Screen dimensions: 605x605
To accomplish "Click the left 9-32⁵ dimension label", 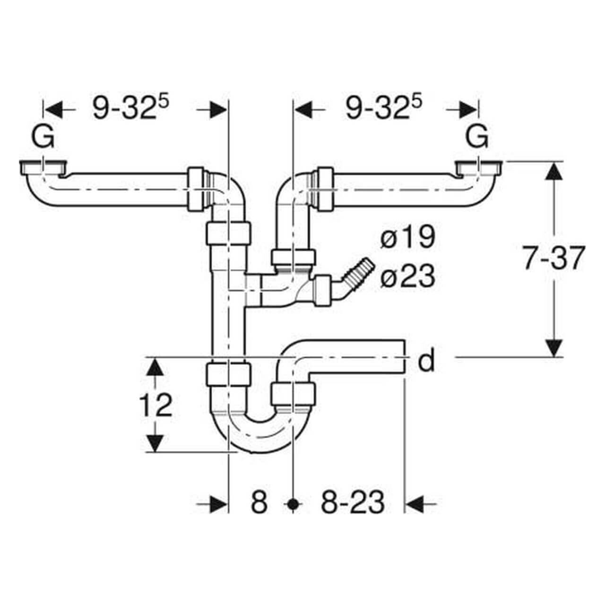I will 130,108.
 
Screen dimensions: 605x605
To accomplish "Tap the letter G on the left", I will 43,138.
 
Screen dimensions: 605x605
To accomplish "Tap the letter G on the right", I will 477,138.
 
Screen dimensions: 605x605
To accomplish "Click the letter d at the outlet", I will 426,362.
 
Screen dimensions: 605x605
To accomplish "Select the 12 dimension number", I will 156,405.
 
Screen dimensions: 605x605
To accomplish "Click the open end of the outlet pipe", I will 404,356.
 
